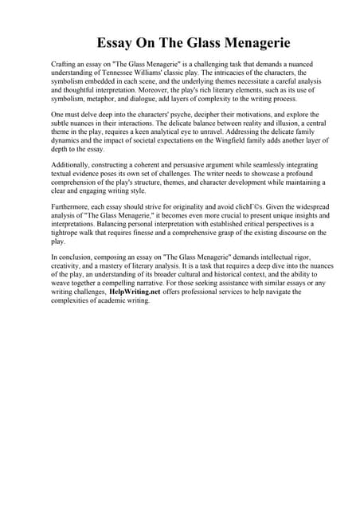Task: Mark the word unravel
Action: [198, 131]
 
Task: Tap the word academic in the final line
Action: [114, 300]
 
